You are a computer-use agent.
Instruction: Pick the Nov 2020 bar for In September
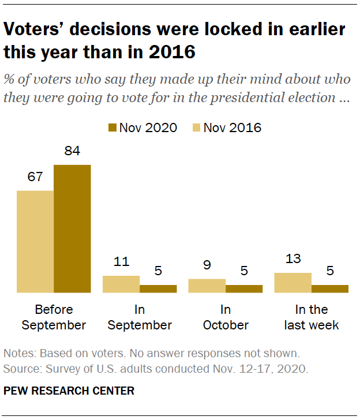pos(158,289)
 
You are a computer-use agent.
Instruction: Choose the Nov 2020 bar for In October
pos(244,289)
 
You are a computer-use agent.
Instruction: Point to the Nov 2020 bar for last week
pos(330,289)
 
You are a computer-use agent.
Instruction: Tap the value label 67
pos(35,177)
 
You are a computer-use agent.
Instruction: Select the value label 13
pos(293,259)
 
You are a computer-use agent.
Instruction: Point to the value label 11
pos(121,262)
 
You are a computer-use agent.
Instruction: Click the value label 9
pos(207,265)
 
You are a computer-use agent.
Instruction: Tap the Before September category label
pos(54,317)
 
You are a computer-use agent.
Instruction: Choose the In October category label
pos(226,317)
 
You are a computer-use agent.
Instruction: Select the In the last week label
pos(312,317)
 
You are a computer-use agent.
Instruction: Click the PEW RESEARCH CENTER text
pos(69,391)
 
